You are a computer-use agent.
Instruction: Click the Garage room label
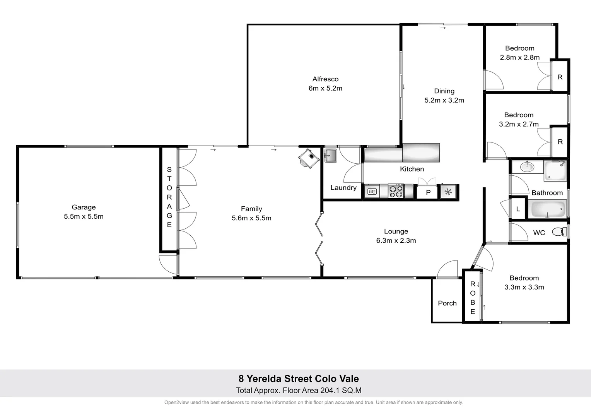[x=84, y=207]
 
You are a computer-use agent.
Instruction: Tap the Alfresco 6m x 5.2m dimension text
[x=325, y=88]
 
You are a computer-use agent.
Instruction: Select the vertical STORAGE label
[x=169, y=197]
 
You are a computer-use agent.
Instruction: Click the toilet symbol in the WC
[x=558, y=232]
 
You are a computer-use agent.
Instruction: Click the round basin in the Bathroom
[x=526, y=167]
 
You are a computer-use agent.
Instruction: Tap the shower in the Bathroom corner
[x=555, y=171]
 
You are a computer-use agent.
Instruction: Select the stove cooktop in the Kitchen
[x=396, y=191]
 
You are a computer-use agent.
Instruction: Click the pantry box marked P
[x=428, y=192]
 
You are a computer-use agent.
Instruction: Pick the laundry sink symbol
[x=330, y=156]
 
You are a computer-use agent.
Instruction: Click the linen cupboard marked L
[x=518, y=209]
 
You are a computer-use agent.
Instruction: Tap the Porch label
[x=447, y=303]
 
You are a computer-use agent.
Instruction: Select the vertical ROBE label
[x=472, y=298]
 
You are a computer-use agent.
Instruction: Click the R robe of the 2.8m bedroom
[x=560, y=77]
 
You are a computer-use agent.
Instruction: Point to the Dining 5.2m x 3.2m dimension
[x=444, y=100]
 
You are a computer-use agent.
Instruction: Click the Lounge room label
[x=396, y=231]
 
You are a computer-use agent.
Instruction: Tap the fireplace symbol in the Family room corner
[x=309, y=158]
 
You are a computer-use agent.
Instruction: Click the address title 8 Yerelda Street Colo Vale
[x=299, y=379]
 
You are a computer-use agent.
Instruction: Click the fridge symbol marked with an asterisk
[x=448, y=192]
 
